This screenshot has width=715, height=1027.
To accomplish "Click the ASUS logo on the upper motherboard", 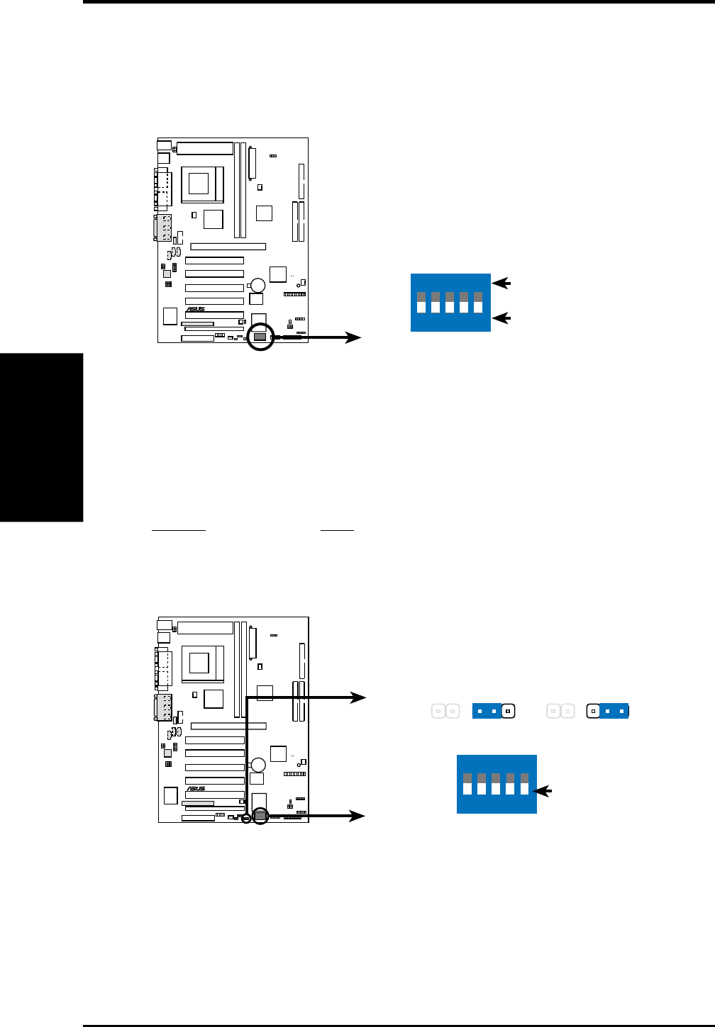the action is point(196,310).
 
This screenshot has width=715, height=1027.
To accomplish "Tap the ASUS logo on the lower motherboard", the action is point(196,789).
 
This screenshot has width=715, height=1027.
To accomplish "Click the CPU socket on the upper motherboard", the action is point(199,184).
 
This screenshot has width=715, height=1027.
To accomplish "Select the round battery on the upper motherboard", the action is point(257,285).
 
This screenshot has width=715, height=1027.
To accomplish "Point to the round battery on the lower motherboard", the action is point(257,765).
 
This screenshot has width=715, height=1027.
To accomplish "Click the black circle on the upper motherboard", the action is point(261,337).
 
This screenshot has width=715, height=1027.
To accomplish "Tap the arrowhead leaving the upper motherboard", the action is point(353,338).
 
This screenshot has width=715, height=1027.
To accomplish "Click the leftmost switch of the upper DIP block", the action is point(421,302).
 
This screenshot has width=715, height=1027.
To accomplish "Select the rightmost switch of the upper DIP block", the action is point(478,302).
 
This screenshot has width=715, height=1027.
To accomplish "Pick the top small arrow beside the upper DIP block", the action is point(501,284).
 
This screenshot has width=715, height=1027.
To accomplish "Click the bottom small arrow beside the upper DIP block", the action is point(501,318).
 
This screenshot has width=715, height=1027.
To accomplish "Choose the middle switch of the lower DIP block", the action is point(496,784).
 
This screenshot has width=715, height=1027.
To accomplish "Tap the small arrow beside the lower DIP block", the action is point(544,791).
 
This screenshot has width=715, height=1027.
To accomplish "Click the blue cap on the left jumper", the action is point(487,711).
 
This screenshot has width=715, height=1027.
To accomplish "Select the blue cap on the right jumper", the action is point(614,711).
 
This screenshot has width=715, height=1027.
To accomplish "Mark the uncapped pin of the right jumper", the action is point(594,711).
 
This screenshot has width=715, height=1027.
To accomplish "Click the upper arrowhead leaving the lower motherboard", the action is point(358,698).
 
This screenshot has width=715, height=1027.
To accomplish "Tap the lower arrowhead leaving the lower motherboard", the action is point(358,816).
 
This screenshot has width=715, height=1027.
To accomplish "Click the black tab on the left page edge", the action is point(41,437).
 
